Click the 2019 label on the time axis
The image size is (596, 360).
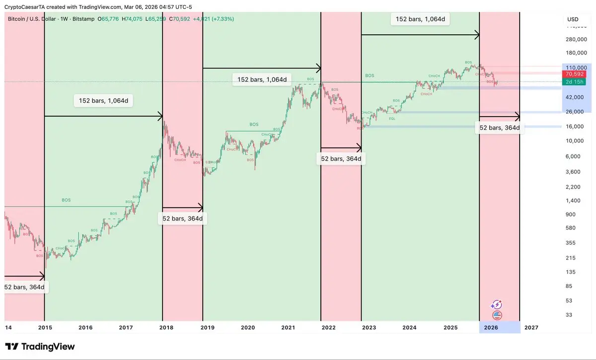[208, 328]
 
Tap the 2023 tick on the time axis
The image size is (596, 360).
[369, 328]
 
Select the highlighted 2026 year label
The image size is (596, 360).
[491, 328]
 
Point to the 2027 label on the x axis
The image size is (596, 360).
[531, 328]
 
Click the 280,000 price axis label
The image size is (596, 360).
[576, 39]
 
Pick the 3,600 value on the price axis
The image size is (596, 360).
[573, 172]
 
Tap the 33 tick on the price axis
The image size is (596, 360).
[569, 315]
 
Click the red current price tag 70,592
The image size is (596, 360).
[576, 74]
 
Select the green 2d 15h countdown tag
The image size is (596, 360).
[576, 81]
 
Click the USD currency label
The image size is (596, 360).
[573, 19]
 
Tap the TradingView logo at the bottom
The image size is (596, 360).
[40, 347]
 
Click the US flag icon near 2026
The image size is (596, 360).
[497, 315]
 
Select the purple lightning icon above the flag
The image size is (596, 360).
[497, 304]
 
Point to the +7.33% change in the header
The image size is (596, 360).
[223, 19]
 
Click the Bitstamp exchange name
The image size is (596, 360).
[83, 19]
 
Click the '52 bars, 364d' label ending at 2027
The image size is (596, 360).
[499, 128]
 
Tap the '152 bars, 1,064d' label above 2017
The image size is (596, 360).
[106, 101]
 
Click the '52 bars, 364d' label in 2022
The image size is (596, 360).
[341, 159]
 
